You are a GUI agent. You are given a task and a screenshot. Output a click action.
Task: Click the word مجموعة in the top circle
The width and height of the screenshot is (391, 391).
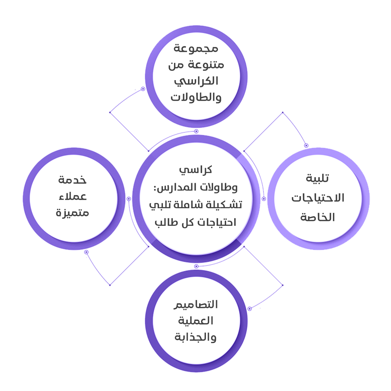(x=195, y=49)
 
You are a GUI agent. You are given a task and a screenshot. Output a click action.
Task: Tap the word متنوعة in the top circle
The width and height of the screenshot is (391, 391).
(x=210, y=65)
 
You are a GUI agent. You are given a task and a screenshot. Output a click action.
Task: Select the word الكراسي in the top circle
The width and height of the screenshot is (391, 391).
(x=196, y=81)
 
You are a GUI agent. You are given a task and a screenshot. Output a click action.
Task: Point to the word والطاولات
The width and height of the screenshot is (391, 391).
(x=196, y=97)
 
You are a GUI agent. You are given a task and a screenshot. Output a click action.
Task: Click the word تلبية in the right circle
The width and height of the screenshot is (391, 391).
(x=317, y=178)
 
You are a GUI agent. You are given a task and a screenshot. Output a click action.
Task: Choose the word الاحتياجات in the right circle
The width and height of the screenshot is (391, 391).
(x=318, y=197)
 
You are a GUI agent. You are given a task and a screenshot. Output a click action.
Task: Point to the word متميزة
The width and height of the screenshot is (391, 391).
(x=72, y=213)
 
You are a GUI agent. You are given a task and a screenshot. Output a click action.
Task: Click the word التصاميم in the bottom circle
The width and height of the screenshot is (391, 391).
(x=195, y=305)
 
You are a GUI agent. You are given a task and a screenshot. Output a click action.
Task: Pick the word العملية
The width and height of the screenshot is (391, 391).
(x=195, y=321)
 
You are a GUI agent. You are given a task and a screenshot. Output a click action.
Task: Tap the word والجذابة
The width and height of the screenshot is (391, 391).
(x=195, y=337)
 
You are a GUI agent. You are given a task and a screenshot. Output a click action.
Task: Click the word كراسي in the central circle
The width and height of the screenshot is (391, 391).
(x=195, y=169)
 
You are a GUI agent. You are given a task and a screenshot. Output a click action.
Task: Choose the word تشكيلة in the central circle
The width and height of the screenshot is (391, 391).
(x=226, y=205)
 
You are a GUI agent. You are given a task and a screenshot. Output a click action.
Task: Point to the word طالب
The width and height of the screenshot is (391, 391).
(x=167, y=222)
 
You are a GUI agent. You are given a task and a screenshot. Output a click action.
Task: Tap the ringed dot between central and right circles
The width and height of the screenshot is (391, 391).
(x=264, y=199)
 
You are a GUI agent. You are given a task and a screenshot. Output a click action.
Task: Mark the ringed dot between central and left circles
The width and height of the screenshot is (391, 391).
(x=129, y=199)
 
